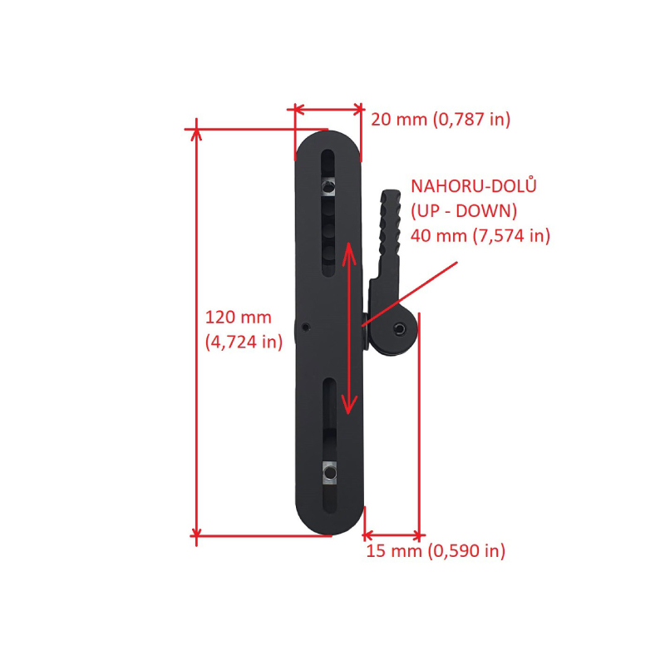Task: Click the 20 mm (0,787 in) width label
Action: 441,119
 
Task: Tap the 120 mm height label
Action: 239,318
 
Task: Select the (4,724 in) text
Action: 244,342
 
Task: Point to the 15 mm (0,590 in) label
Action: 436,551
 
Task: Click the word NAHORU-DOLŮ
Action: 474,186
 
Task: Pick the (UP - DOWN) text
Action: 464,211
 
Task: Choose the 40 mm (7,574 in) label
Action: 480,235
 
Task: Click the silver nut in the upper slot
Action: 328,186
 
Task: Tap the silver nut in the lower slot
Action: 329,472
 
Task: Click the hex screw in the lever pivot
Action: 400,328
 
